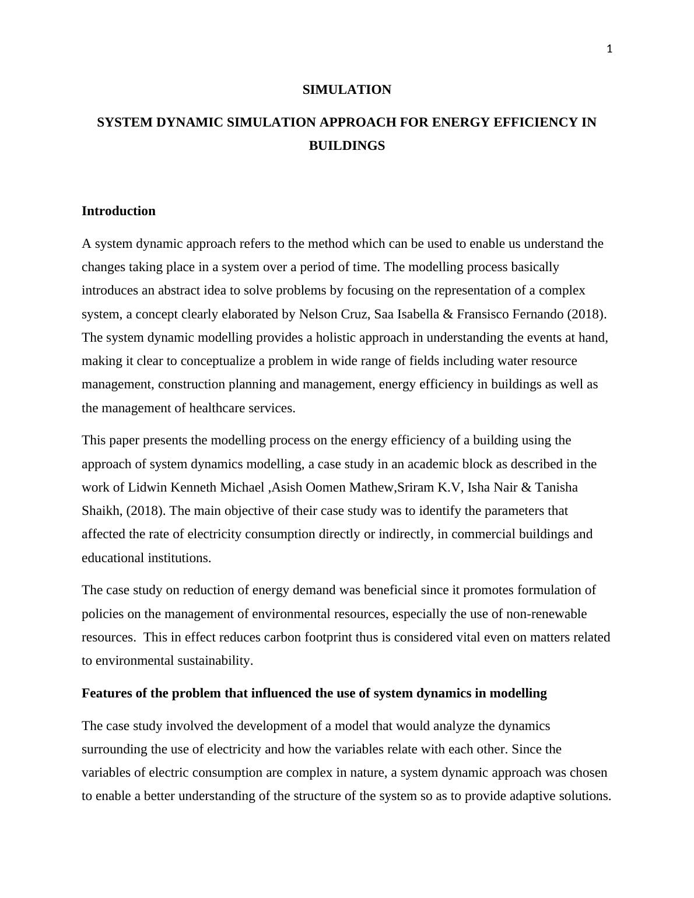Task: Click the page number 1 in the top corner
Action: tap(609, 50)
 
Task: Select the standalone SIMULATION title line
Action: tap(346, 90)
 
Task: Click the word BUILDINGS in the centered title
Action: tap(346, 146)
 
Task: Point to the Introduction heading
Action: tap(118, 211)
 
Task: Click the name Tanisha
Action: tap(556, 487)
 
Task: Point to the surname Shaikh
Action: tap(100, 511)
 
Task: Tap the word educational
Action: tap(114, 558)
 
